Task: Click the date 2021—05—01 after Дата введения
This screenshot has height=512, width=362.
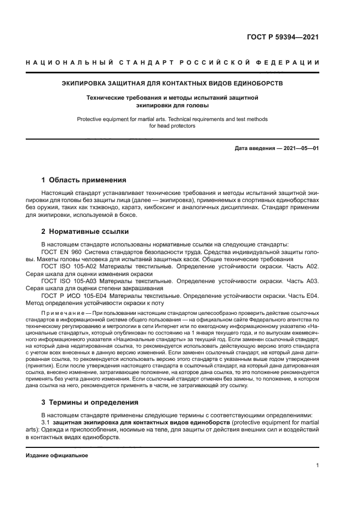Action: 301,148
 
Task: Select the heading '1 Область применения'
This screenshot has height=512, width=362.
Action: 84,180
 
